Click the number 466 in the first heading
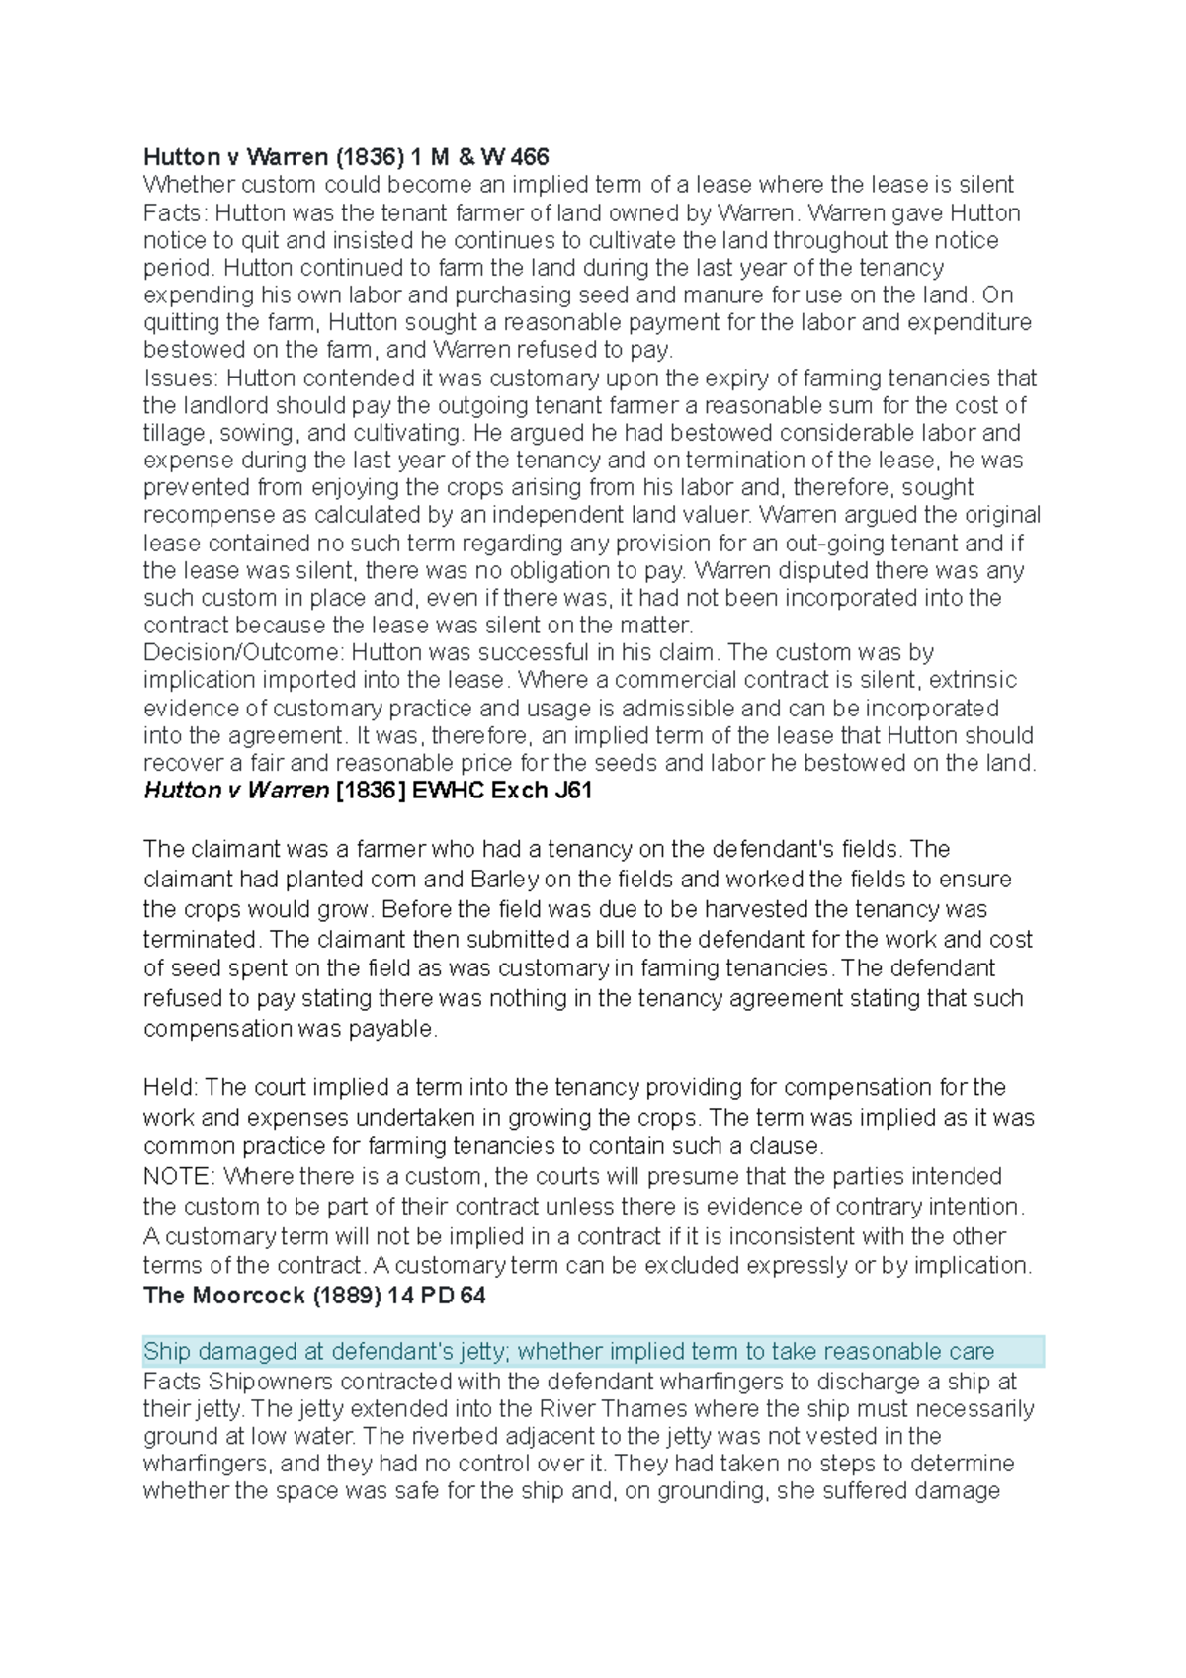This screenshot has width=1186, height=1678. pos(529,157)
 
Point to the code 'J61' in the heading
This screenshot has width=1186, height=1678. pos(571,790)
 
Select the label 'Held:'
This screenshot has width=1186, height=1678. pos(170,1087)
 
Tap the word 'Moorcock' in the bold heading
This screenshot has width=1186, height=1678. pos(247,1296)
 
